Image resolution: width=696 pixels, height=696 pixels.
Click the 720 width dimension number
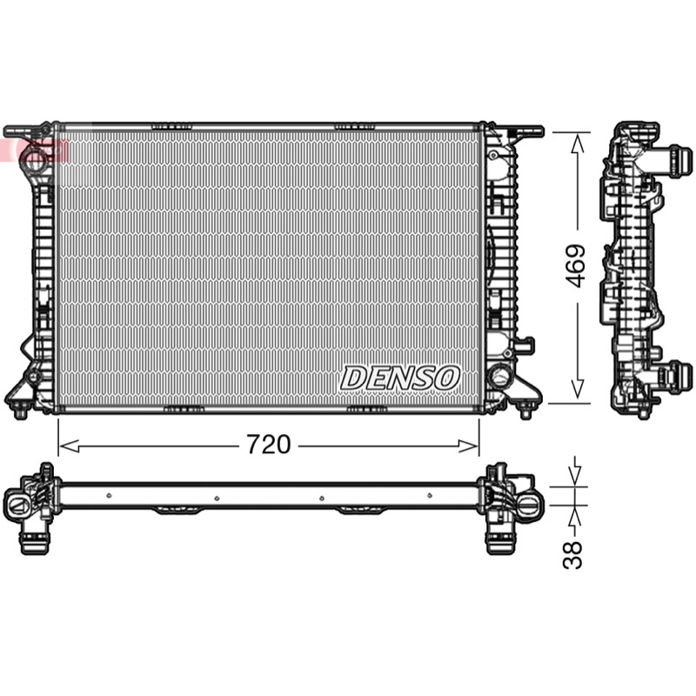tap(269, 445)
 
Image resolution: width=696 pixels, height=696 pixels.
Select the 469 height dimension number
tap(576, 266)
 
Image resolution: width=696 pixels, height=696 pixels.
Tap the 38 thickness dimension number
tap(572, 554)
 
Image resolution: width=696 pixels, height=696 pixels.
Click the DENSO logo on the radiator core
tap(399, 378)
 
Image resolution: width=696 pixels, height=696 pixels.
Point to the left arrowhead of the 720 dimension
tap(69, 445)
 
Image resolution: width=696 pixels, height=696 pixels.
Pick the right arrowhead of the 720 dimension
tap(469, 445)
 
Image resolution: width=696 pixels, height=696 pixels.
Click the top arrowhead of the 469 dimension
tap(577, 144)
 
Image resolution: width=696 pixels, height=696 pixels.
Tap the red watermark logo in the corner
tap(35, 150)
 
